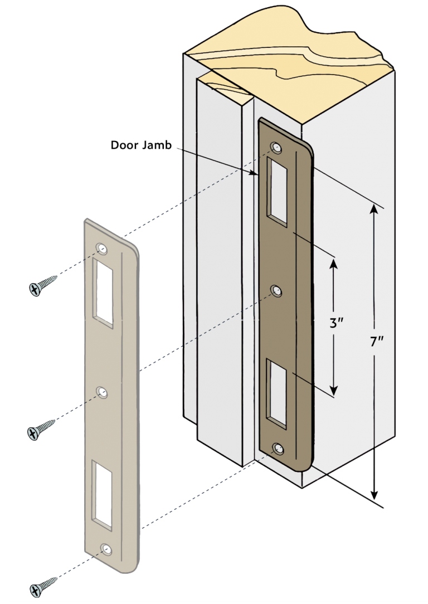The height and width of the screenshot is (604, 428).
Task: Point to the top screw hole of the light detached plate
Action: (x=101, y=248)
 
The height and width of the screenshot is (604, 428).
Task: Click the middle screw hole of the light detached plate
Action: (x=103, y=393)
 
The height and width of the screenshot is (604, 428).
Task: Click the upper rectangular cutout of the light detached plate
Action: (x=104, y=293)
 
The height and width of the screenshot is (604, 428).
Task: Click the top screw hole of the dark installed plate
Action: (x=275, y=148)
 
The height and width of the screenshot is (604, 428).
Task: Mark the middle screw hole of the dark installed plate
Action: (x=276, y=290)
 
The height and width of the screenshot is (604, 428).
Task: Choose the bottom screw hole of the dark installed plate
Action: (x=278, y=449)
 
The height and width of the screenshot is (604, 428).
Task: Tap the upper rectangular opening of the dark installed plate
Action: (x=278, y=192)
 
